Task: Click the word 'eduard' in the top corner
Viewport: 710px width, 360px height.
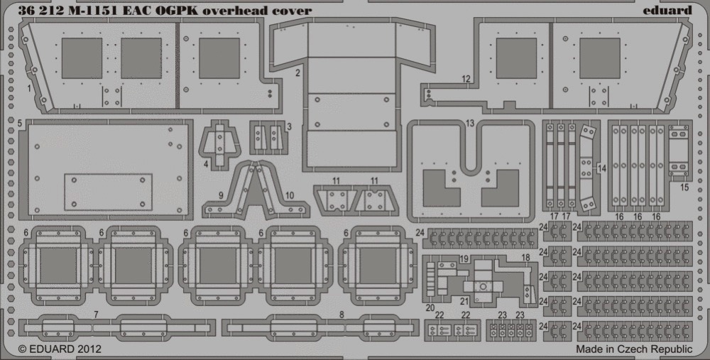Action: [x=667, y=11]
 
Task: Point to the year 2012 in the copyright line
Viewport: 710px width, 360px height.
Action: [x=89, y=349]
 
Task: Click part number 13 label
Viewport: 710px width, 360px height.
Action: [x=469, y=124]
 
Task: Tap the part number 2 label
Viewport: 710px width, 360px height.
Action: [x=298, y=72]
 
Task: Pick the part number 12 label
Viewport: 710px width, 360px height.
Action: [x=466, y=80]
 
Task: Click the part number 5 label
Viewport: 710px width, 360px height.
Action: [x=19, y=123]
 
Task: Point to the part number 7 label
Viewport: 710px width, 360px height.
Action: [x=96, y=315]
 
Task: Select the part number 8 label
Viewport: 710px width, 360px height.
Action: [x=342, y=315]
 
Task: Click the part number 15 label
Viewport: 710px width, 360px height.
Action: [x=684, y=187]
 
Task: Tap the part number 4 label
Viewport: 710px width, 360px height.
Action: [x=206, y=164]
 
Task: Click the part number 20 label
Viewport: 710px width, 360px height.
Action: [x=430, y=308]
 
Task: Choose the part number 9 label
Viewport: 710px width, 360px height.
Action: [x=221, y=196]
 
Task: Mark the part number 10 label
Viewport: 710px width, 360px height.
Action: [x=290, y=196]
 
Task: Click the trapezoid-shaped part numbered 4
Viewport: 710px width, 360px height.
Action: [x=219, y=144]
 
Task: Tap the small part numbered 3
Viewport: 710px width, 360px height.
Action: [x=269, y=137]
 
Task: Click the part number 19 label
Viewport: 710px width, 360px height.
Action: [x=464, y=259]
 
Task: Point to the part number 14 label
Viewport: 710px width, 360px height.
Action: [x=601, y=169]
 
